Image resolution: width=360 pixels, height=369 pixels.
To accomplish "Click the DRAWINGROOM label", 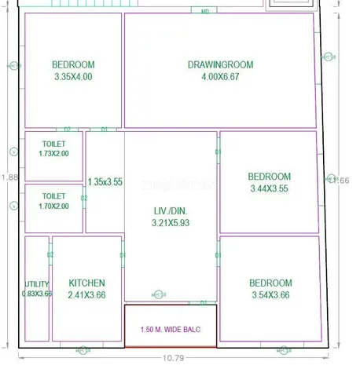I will [x=220, y=64].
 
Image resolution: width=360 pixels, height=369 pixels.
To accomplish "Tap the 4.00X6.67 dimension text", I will [x=220, y=77].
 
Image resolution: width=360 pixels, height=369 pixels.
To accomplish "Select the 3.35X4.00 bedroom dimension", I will [x=73, y=77].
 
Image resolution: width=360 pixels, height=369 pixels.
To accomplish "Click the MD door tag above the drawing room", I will [x=204, y=11].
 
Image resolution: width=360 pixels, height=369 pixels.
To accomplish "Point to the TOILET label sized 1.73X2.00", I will [x=53, y=144].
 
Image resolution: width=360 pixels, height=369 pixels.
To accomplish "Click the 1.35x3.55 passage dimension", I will [x=105, y=181].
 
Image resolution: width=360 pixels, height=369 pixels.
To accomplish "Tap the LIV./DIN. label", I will [x=171, y=210].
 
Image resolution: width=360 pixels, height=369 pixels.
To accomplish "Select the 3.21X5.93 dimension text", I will [x=171, y=224].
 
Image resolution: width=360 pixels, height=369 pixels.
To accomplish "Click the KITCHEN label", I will [x=86, y=283].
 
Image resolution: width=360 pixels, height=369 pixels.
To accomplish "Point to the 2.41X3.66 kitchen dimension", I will [x=86, y=294].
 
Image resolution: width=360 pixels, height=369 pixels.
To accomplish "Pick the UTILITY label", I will [x=36, y=283].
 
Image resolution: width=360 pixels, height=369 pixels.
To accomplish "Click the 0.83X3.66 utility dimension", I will [x=36, y=294].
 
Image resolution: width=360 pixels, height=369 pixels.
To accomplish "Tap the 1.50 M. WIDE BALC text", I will [x=171, y=329].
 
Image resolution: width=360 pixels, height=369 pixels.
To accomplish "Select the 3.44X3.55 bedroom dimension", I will [x=270, y=189].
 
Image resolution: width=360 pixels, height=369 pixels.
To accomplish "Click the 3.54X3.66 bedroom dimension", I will [x=270, y=295].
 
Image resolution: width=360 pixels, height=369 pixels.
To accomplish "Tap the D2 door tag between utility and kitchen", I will [x=50, y=255].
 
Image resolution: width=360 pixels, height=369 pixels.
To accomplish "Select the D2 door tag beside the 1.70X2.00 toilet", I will [x=83, y=199].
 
